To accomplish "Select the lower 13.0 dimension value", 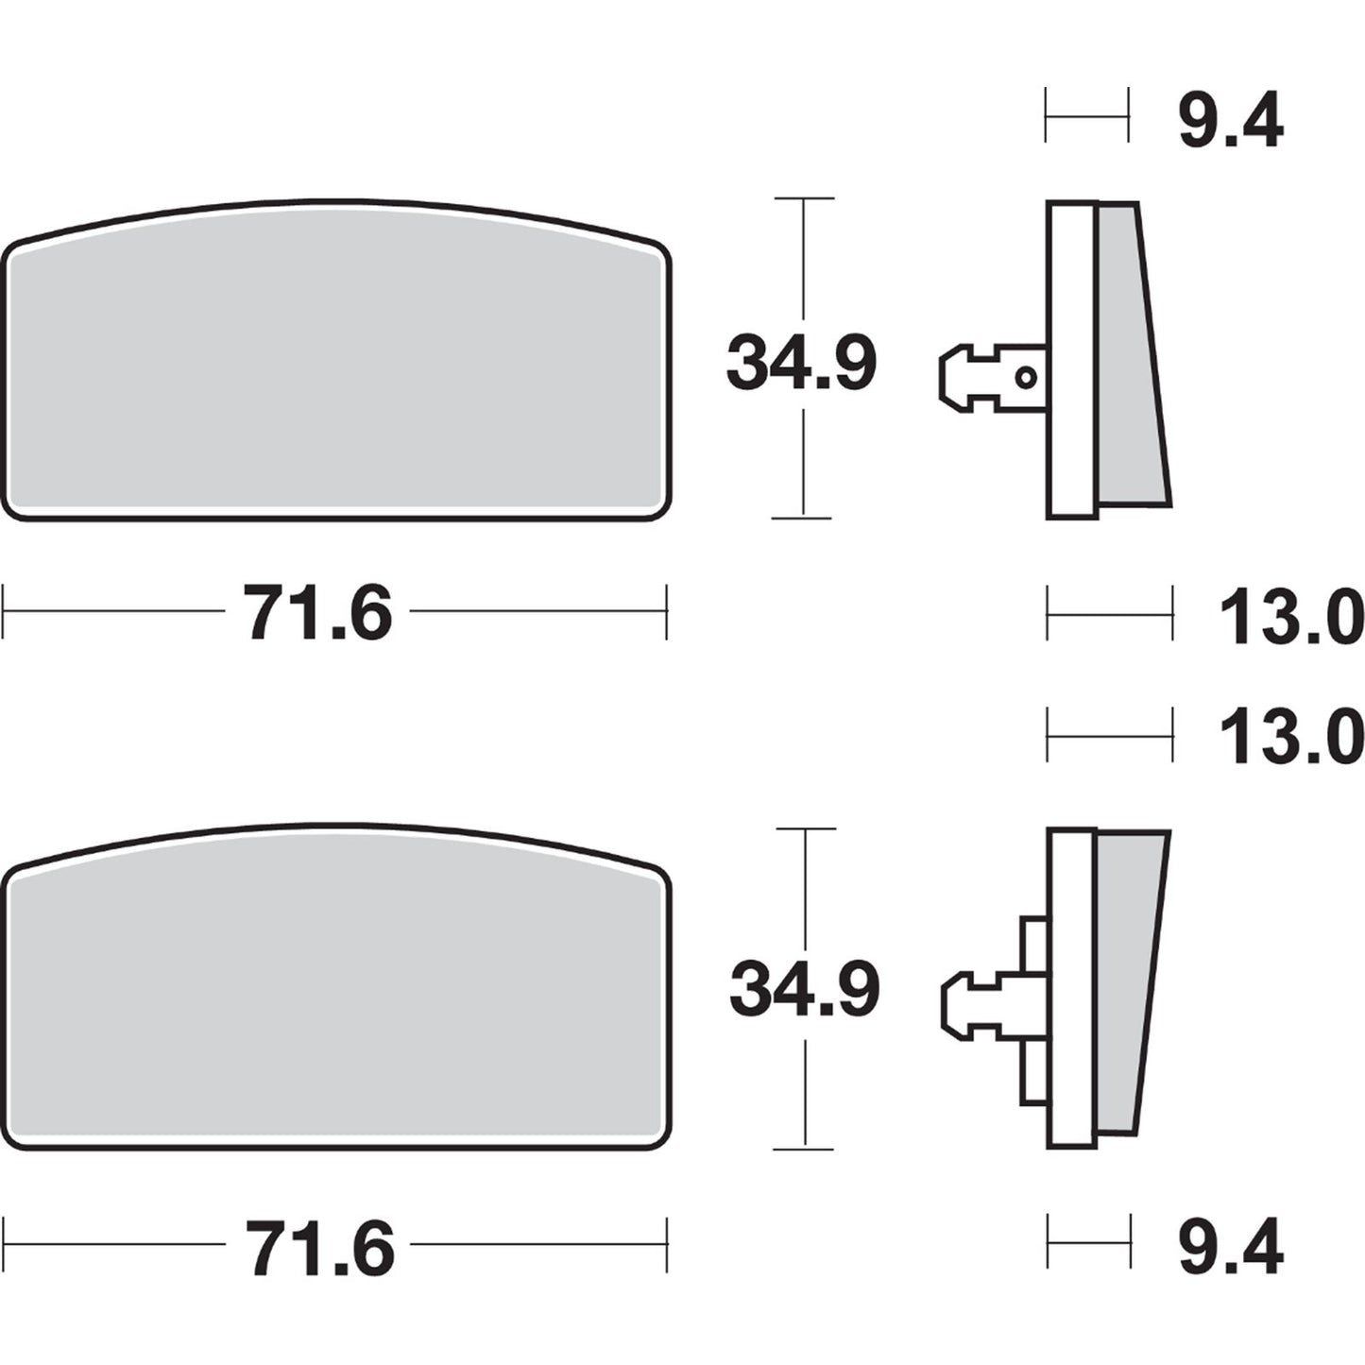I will (x=1290, y=737).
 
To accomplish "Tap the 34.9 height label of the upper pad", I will (x=801, y=363).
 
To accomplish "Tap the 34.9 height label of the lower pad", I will (x=804, y=989).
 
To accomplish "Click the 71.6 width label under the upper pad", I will (x=318, y=613).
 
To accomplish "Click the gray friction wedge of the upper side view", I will (x=1131, y=359).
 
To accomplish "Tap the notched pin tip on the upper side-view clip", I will (x=956, y=379).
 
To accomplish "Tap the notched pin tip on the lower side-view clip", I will (x=958, y=1004).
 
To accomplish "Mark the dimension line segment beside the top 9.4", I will (x=1086, y=116).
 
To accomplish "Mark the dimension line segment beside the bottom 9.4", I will (x=1088, y=1240).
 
